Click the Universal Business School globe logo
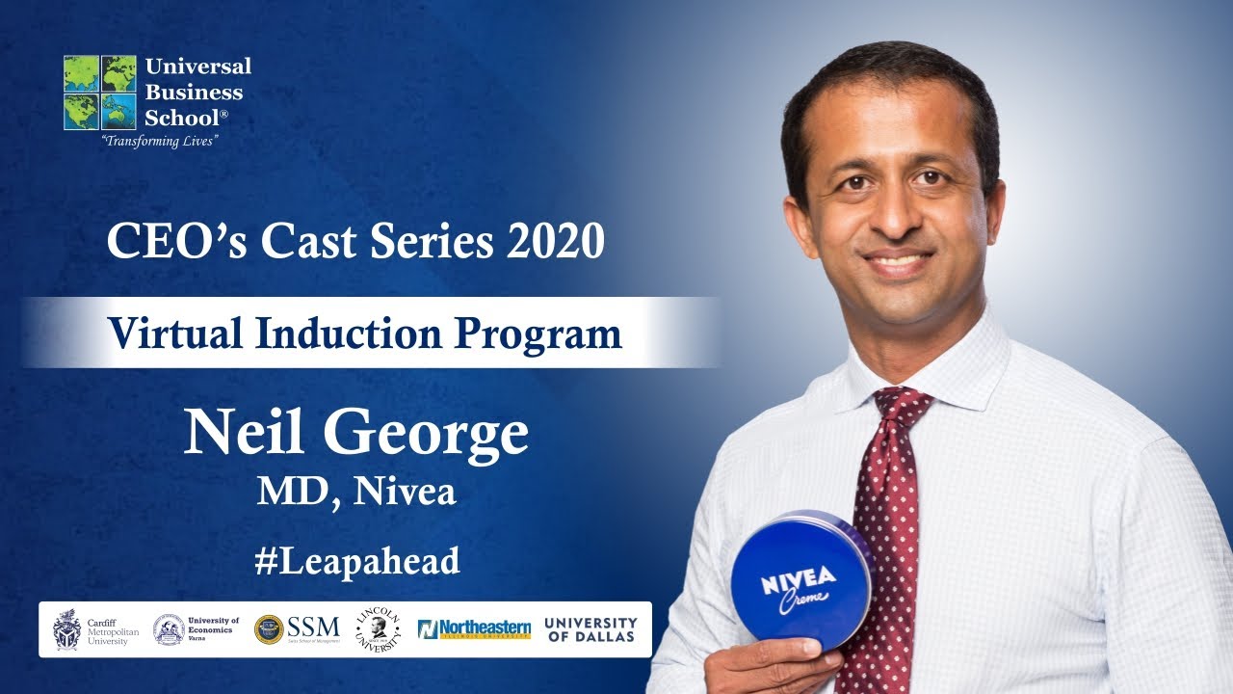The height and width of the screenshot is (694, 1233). click(x=100, y=92)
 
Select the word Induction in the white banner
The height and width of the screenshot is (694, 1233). click(x=330, y=333)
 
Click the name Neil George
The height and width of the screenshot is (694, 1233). click(x=356, y=434)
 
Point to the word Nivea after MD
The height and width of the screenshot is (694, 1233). click(x=405, y=492)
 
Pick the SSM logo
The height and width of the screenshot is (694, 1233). click(x=295, y=629)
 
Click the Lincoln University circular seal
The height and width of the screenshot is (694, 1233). click(x=378, y=628)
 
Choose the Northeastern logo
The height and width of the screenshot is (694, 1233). click(x=474, y=629)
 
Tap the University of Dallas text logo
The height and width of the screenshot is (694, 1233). click(x=590, y=629)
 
